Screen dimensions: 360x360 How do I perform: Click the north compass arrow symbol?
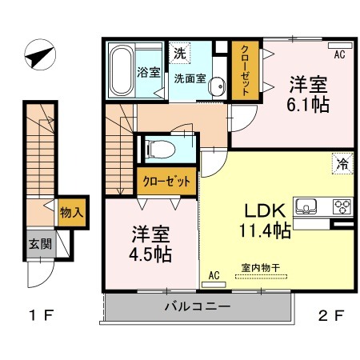click(40, 55)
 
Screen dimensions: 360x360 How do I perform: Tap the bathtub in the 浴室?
click(122, 70)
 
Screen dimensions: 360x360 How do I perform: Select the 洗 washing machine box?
click(179, 53)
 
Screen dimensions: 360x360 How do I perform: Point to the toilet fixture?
click(160, 149)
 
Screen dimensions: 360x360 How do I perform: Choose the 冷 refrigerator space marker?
click(342, 163)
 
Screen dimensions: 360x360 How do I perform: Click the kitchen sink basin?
click(306, 206)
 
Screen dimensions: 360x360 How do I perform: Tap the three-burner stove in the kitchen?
click(342, 206)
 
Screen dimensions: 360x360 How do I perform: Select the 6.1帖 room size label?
click(308, 106)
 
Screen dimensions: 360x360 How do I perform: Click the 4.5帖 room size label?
click(150, 254)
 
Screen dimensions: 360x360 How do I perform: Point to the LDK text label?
click(266, 211)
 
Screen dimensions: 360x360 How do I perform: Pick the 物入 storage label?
click(71, 213)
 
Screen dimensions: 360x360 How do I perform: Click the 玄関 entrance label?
click(40, 244)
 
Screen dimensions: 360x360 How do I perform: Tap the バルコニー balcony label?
click(198, 306)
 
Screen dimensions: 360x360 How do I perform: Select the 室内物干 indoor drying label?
click(261, 268)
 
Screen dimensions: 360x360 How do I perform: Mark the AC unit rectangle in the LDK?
click(214, 285)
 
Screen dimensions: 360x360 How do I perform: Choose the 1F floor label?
click(42, 315)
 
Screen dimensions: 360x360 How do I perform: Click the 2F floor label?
click(331, 316)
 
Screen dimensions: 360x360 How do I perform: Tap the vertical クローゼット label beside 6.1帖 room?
click(245, 70)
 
